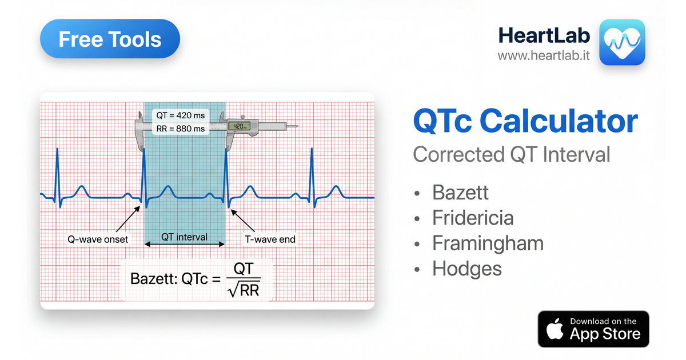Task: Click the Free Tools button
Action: [x=110, y=39]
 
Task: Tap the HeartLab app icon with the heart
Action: [x=621, y=42]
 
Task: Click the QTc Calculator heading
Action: [x=525, y=122]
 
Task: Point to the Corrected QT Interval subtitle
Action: [x=511, y=154]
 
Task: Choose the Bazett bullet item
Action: [x=460, y=193]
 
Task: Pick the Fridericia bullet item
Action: [x=472, y=218]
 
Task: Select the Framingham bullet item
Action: [x=487, y=243]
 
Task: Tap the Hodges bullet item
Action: [x=466, y=269]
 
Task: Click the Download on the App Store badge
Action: [x=593, y=329]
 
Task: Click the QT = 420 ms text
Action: [x=181, y=115]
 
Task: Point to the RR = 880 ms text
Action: [x=181, y=129]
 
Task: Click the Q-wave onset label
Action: [x=98, y=239]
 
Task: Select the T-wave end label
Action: [x=270, y=239]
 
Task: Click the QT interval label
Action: [x=184, y=237]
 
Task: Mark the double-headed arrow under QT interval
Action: [x=184, y=245]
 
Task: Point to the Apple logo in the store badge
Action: [x=554, y=330]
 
